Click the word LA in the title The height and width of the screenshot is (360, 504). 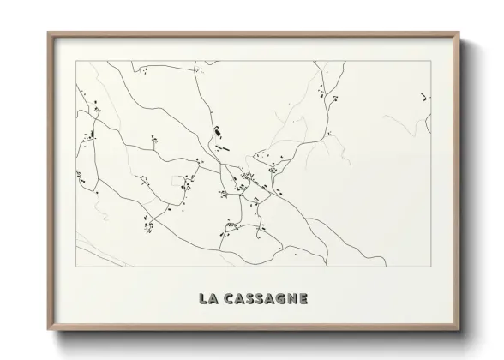point(207,299)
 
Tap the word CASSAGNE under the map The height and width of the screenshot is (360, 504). point(266,299)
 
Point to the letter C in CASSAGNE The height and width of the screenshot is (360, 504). point(227,299)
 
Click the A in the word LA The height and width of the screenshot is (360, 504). point(212,299)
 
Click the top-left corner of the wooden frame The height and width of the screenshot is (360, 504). point(47,33)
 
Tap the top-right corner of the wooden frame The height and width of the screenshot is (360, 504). point(460,33)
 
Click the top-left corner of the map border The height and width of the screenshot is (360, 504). point(75,62)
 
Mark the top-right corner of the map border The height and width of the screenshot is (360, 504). point(431,62)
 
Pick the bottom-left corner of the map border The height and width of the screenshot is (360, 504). point(75,267)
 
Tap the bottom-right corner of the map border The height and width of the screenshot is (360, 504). point(431,267)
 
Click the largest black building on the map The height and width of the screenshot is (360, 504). point(215,133)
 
